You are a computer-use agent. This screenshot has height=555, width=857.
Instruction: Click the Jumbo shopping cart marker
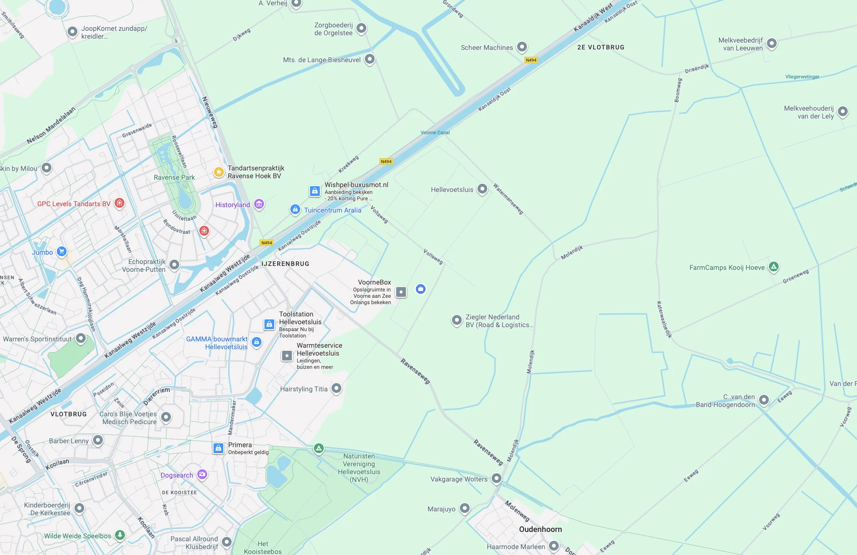[x=62, y=251]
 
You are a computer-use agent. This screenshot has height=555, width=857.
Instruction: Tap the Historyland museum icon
[x=259, y=204]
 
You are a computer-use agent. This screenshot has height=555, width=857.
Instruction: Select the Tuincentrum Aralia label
[x=333, y=210]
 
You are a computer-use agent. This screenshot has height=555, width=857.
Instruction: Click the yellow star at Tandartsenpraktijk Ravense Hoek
[x=219, y=172]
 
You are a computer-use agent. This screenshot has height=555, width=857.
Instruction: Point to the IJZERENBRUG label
[x=285, y=264]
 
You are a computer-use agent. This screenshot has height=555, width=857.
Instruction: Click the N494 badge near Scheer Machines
[x=531, y=60]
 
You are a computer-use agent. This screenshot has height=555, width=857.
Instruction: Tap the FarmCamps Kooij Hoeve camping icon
[x=774, y=266]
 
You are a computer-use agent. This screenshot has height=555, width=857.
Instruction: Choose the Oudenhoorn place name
[x=540, y=529]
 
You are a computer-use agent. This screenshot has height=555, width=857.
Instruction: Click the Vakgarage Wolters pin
[x=497, y=478]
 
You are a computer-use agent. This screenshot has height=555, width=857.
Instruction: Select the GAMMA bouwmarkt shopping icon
[x=257, y=342]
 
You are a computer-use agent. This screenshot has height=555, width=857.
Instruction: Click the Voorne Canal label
[x=435, y=132]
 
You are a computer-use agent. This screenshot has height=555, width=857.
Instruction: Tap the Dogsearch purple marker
[x=202, y=474]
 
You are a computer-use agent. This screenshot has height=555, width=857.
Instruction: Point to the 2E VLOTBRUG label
[x=600, y=48]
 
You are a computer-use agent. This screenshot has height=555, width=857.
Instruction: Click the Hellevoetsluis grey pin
[x=482, y=189]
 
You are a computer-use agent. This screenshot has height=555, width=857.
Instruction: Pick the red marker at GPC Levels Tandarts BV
[x=119, y=203]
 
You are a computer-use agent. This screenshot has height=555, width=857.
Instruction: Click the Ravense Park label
[x=174, y=177]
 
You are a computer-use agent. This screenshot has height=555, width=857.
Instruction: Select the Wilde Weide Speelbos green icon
[x=120, y=535]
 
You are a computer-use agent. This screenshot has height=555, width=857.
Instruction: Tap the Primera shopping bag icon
[x=218, y=448]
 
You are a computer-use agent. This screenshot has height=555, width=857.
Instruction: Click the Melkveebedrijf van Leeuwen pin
[x=772, y=43]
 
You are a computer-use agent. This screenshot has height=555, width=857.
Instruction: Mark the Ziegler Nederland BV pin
[x=456, y=320]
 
